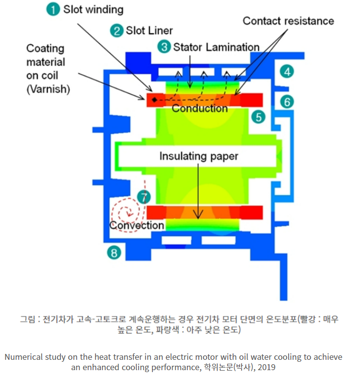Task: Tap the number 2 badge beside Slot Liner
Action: point(117,30)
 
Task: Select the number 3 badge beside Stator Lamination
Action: point(164,47)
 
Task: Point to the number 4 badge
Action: point(287,71)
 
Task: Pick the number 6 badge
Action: point(287,102)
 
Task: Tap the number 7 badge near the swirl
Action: point(143,198)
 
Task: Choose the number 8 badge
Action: point(114,253)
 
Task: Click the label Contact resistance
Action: point(288,21)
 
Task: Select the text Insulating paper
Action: point(199,156)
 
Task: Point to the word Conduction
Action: point(200,108)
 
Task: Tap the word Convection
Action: point(137,225)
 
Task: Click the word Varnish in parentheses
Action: point(48,89)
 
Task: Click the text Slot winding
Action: point(93,10)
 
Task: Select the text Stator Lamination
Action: point(216,47)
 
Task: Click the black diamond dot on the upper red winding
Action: point(154,100)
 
